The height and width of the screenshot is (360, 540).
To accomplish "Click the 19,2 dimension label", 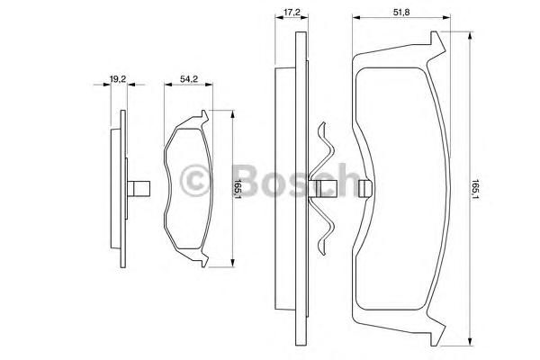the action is tap(118, 79).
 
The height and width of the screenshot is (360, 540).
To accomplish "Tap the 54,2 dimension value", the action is tap(189, 79).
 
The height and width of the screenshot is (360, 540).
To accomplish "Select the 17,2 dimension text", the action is tap(292, 13).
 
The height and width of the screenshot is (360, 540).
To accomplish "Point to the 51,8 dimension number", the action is tap(401, 13).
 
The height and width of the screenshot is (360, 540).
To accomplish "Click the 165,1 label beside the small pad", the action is tap(238, 188).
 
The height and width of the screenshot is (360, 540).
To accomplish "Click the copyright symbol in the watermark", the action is tap(195, 181).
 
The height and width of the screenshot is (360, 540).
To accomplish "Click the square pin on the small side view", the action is tap(139, 188).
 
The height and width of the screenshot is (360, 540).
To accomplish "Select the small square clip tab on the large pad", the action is tap(365, 189).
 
